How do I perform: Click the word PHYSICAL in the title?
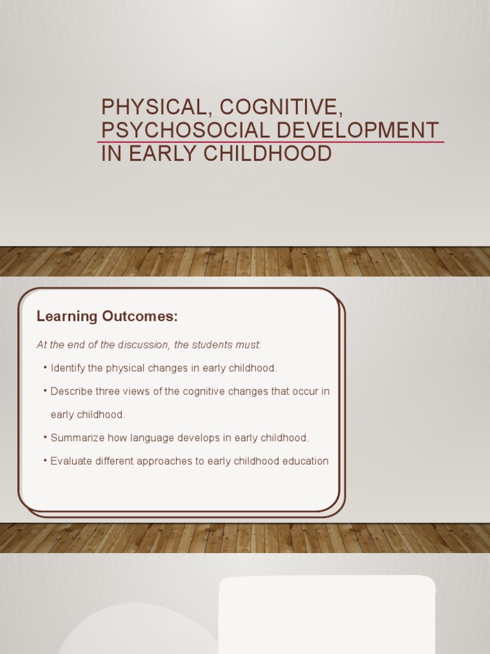pos(144,107)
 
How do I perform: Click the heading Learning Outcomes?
pos(107,316)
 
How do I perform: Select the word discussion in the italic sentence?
pos(144,345)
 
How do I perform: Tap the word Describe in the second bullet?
pos(71,391)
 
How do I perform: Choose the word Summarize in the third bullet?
pos(77,437)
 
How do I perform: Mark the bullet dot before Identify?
pos(46,368)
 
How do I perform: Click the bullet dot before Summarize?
pos(46,437)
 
